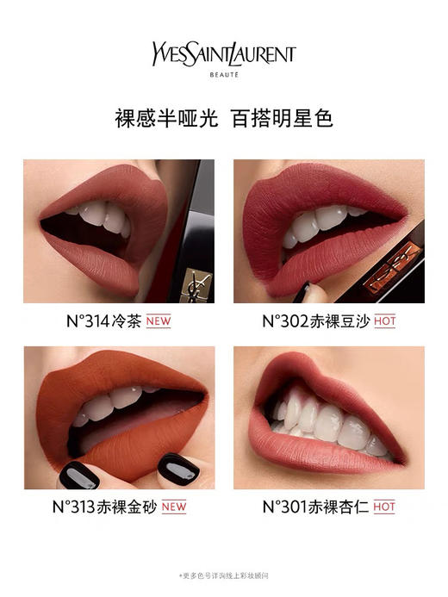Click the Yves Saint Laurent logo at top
(x=223, y=53)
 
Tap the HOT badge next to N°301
(x=384, y=507)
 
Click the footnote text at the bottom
(x=223, y=575)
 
